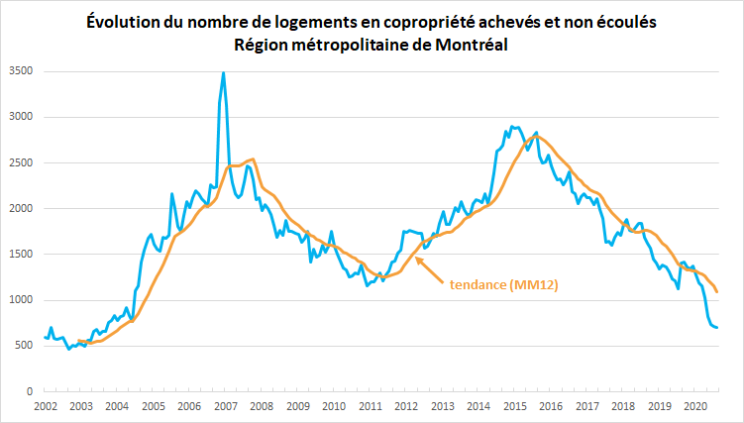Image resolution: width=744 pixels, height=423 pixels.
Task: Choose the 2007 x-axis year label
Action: [225, 406]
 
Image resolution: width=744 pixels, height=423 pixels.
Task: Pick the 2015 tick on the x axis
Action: [514, 406]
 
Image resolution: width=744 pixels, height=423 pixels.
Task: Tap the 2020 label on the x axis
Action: [694, 406]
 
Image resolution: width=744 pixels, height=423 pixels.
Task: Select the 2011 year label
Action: [370, 406]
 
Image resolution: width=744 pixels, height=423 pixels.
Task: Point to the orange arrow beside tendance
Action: [428, 270]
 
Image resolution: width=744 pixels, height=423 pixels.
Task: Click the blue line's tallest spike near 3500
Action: [224, 72]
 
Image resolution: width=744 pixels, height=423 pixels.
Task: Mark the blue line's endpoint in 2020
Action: [716, 327]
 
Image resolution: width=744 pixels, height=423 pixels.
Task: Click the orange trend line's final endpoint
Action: [717, 292]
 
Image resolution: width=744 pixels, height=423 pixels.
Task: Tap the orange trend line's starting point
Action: [78, 341]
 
